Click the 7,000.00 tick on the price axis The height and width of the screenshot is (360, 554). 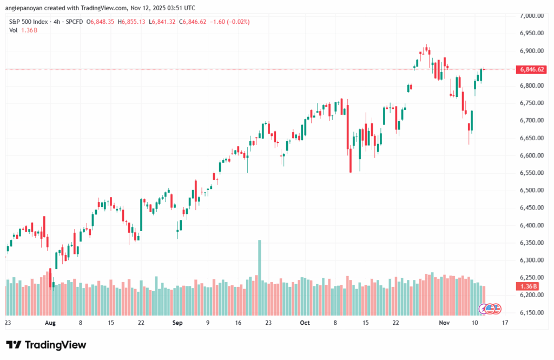(x=531, y=16)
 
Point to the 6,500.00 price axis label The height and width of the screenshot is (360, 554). (x=531, y=191)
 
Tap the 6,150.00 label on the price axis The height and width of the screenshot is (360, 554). (x=531, y=313)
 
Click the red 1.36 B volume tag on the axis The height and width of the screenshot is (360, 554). (x=527, y=286)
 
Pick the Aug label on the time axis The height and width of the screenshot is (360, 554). (x=50, y=323)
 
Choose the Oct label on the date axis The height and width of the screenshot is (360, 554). (x=305, y=323)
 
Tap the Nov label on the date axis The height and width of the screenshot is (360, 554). (x=444, y=323)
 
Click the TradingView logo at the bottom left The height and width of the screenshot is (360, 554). (x=46, y=345)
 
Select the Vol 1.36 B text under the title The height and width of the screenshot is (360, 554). (x=23, y=30)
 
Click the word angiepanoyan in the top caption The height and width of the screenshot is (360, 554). (x=25, y=8)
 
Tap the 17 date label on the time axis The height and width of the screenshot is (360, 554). (x=505, y=323)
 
